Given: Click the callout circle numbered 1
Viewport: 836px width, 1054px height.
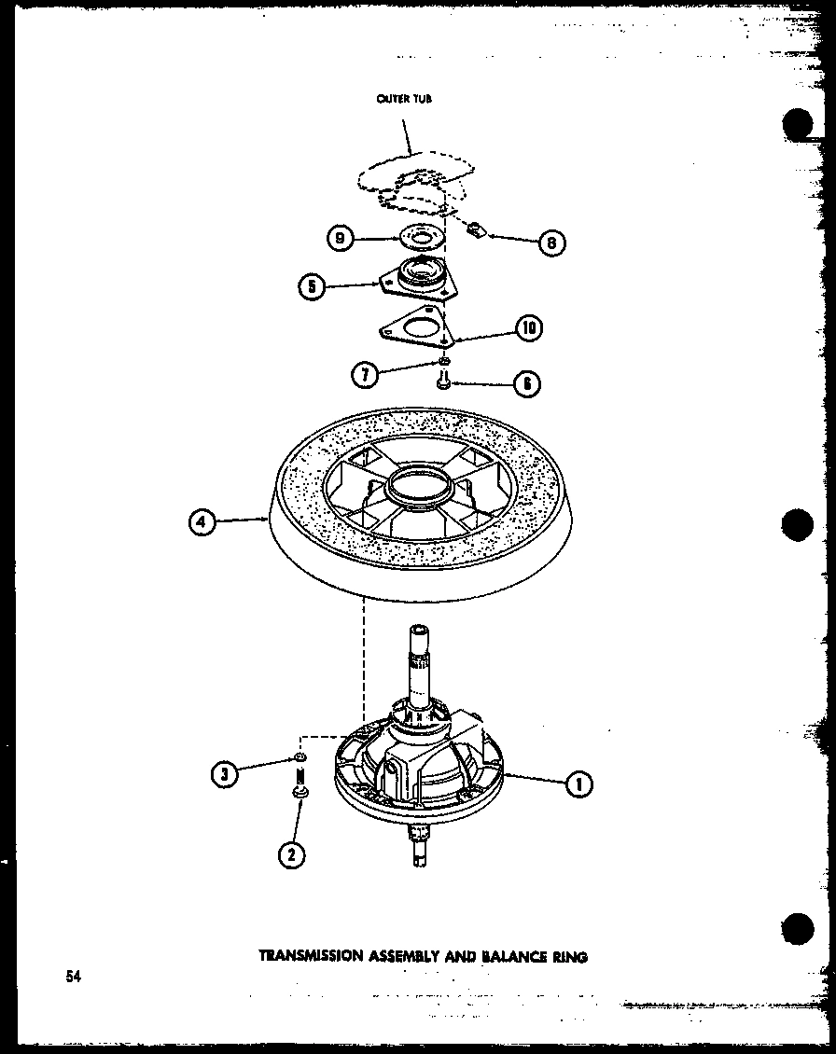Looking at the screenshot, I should click(579, 784).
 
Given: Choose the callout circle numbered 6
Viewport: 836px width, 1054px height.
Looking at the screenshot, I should click(528, 382).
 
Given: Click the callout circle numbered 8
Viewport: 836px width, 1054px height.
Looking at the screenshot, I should click(551, 243).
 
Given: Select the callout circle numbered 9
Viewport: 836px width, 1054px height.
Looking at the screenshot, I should click(340, 240).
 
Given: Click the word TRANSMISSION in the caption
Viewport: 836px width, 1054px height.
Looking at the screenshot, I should click(313, 955).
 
